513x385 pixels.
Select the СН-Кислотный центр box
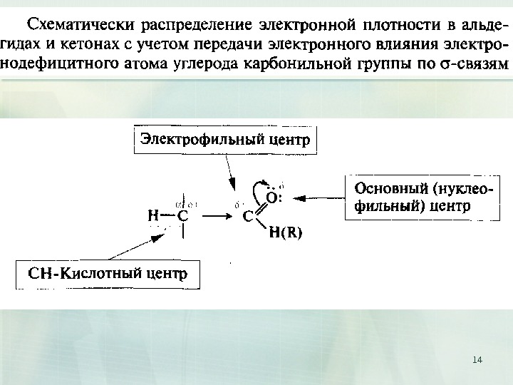coord(108,274)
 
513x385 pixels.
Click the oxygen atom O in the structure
coord(271,196)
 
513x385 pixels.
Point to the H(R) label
coord(285,232)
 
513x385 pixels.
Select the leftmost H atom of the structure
coord(152,213)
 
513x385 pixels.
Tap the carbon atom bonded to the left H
coord(182,213)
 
